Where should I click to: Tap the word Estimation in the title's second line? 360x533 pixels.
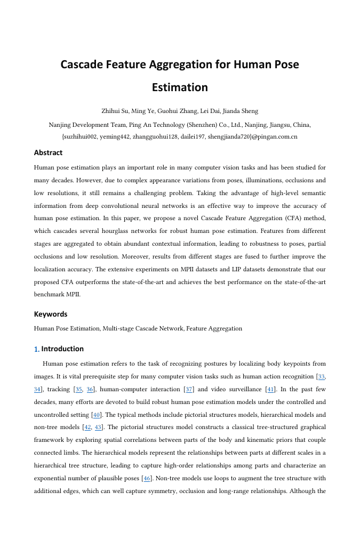(180, 87)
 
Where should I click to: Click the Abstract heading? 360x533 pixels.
(48, 152)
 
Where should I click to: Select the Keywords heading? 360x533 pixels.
(51, 314)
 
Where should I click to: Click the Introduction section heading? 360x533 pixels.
(62, 349)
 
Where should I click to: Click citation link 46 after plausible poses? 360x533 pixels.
(146, 479)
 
